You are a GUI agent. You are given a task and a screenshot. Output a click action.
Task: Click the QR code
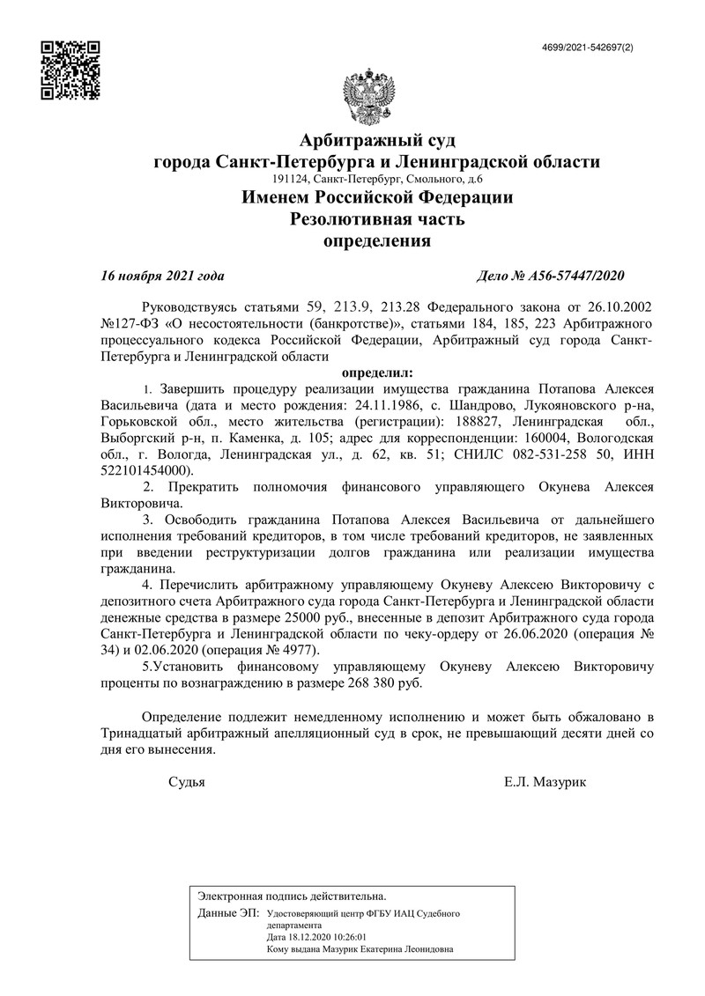[x=70, y=70]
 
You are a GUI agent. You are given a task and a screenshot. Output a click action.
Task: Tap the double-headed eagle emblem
[x=367, y=92]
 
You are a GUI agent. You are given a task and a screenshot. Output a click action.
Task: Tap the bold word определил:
[x=377, y=373]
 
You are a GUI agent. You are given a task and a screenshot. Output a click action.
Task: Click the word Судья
[x=186, y=781]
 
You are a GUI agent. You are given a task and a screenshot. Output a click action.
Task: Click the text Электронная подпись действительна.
[x=292, y=895]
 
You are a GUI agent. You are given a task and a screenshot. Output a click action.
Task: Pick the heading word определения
[x=377, y=240]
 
